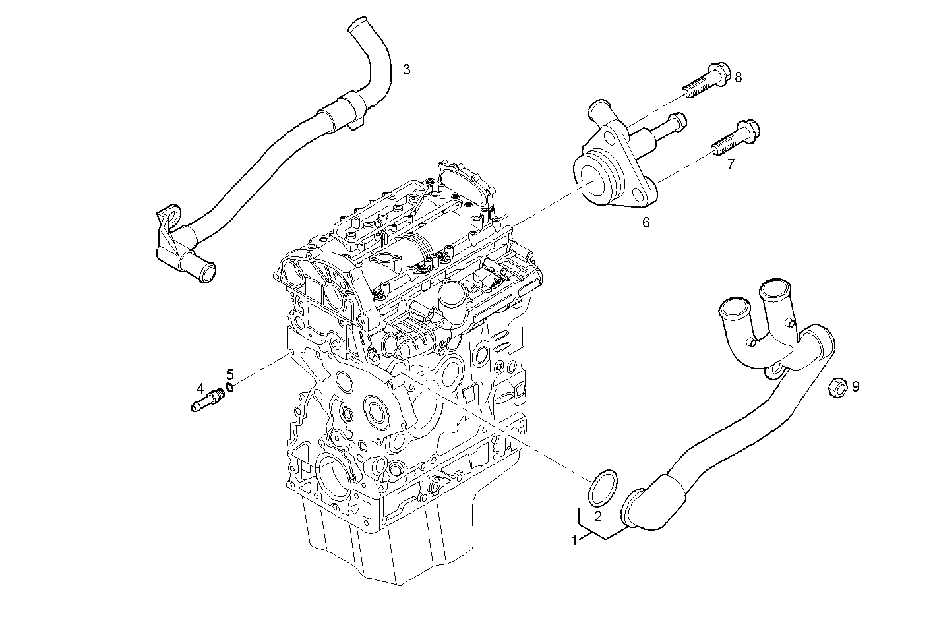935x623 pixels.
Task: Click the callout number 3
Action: [407, 69]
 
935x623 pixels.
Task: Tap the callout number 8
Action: [738, 78]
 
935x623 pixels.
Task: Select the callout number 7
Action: [731, 165]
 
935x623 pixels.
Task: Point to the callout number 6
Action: [646, 223]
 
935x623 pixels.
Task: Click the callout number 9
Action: [855, 386]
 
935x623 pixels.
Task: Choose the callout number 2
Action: [597, 517]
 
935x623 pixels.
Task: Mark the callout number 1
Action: [574, 541]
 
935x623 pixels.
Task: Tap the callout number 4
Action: [199, 390]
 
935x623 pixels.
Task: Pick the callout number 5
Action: [229, 374]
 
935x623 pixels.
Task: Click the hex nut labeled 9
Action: [835, 388]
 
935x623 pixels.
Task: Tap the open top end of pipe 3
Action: [356, 26]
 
